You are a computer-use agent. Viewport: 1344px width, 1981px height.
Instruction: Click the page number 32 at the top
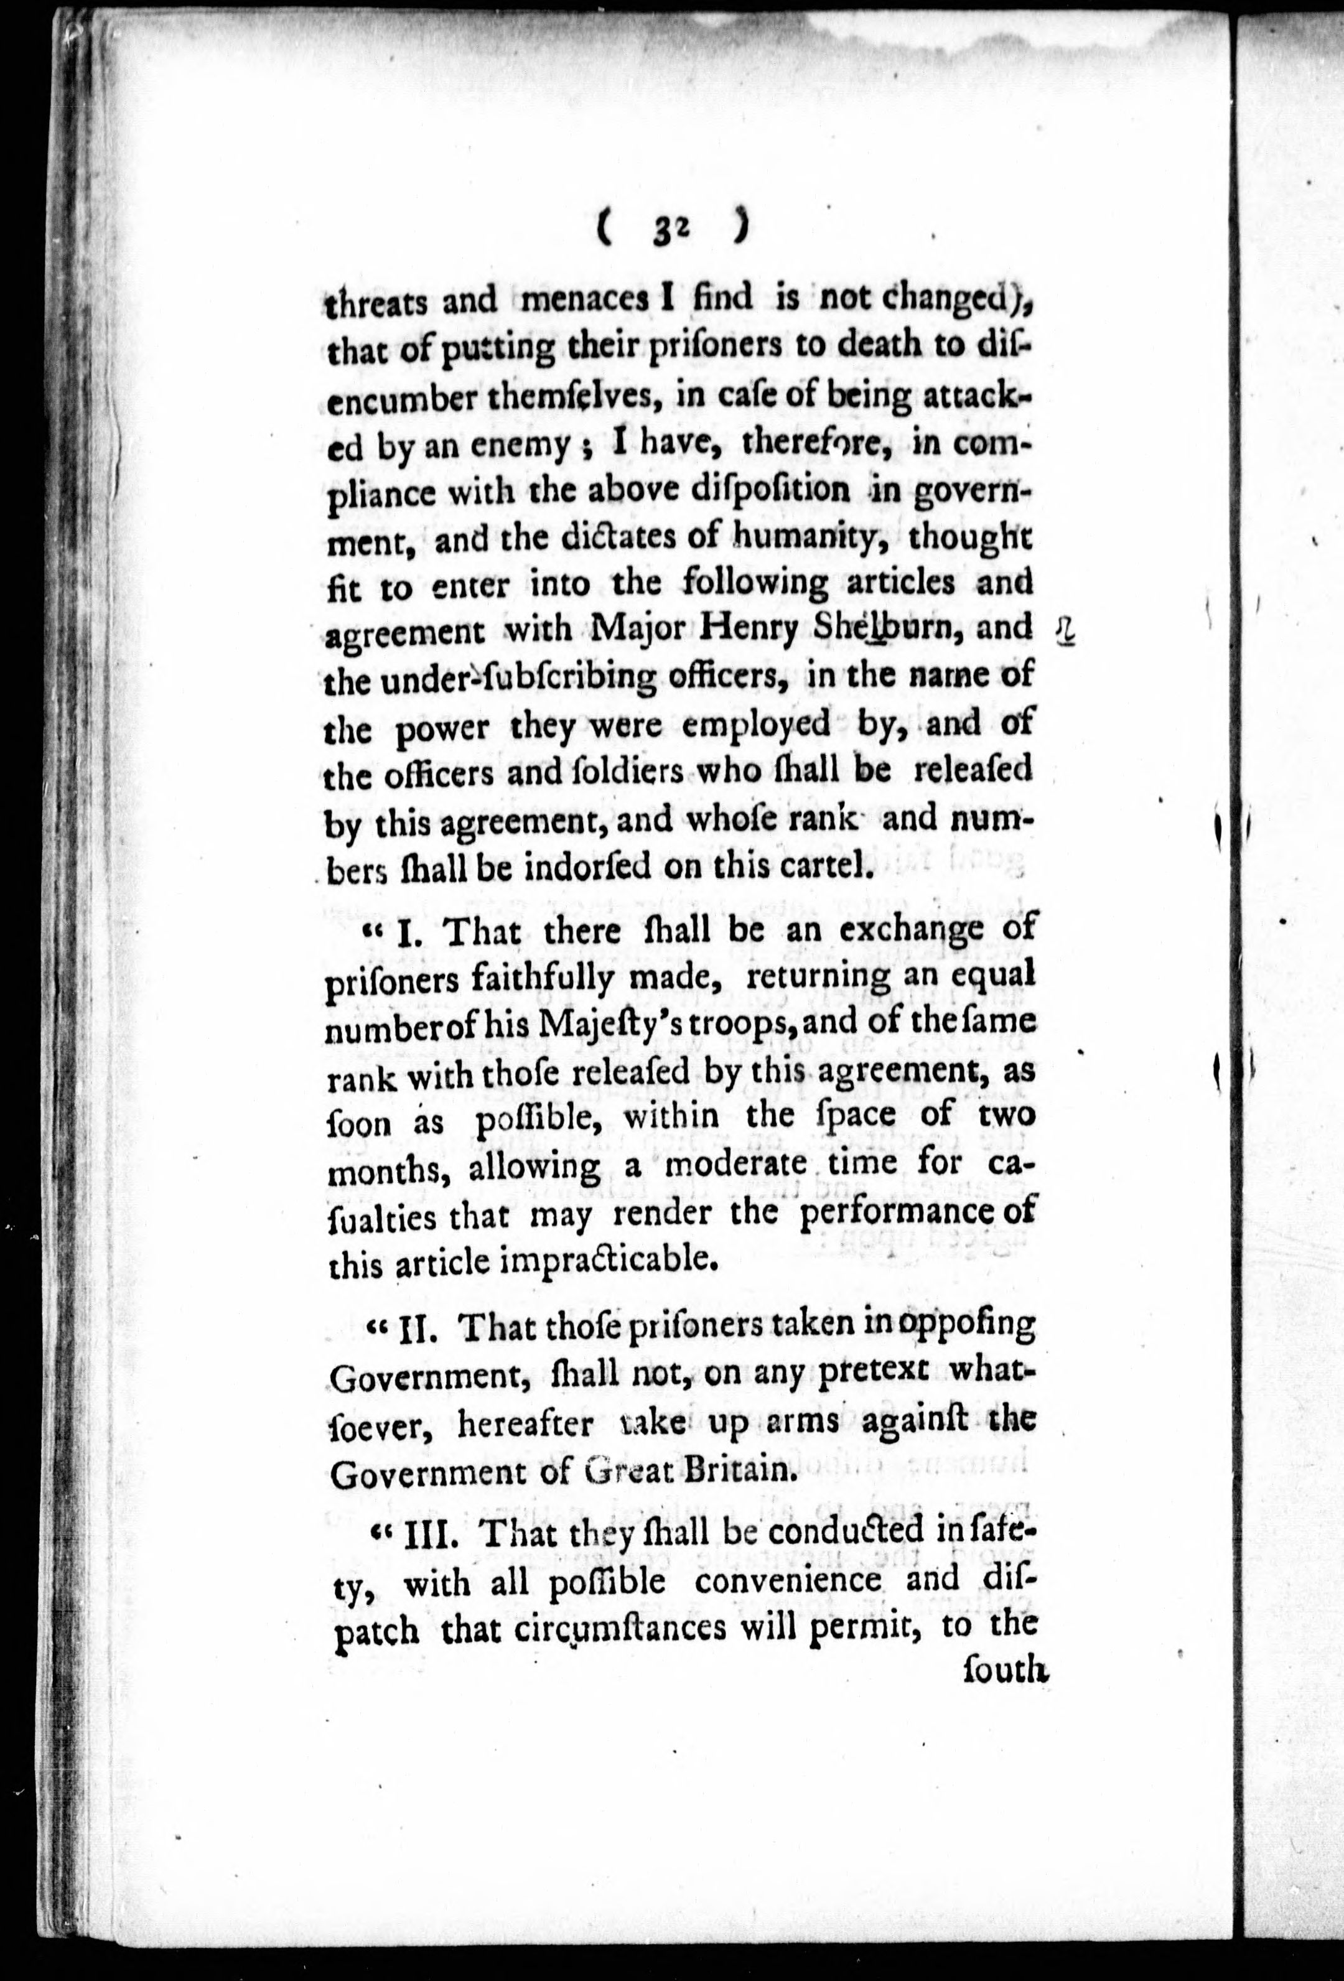673,230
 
